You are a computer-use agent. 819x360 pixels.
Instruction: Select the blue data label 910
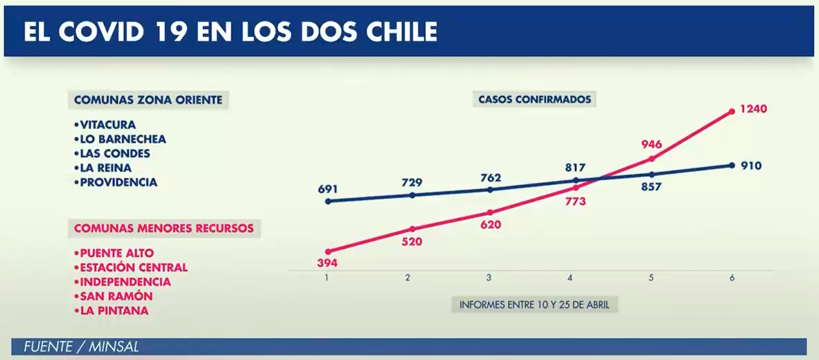tap(751, 166)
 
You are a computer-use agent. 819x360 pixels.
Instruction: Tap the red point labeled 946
tap(652, 159)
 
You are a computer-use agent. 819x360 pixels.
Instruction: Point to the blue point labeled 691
tap(328, 201)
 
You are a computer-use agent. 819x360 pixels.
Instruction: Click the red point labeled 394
tap(328, 251)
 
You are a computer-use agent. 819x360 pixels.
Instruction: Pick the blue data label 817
tap(575, 168)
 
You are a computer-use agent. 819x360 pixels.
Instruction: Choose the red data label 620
tap(490, 225)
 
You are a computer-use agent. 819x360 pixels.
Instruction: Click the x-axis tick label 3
tap(489, 278)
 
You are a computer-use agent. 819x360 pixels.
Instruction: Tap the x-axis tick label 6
tap(732, 278)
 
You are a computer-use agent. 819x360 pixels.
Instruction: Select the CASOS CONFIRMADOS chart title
tap(534, 99)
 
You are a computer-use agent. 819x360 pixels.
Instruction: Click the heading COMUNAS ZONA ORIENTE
tap(148, 100)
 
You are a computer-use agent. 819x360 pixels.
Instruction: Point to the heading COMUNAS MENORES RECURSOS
tap(163, 228)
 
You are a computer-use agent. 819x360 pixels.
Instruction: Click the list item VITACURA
tap(107, 125)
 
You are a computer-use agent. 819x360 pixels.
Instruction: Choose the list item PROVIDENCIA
tap(118, 182)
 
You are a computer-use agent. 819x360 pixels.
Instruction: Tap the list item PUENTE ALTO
tap(117, 253)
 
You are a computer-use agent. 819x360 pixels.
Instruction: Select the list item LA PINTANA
tap(114, 310)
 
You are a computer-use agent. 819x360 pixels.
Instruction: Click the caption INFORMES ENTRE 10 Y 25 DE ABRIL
tap(534, 305)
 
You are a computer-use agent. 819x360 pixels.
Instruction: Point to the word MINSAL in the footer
tap(114, 347)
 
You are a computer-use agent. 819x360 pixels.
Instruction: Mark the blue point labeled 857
tap(652, 174)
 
